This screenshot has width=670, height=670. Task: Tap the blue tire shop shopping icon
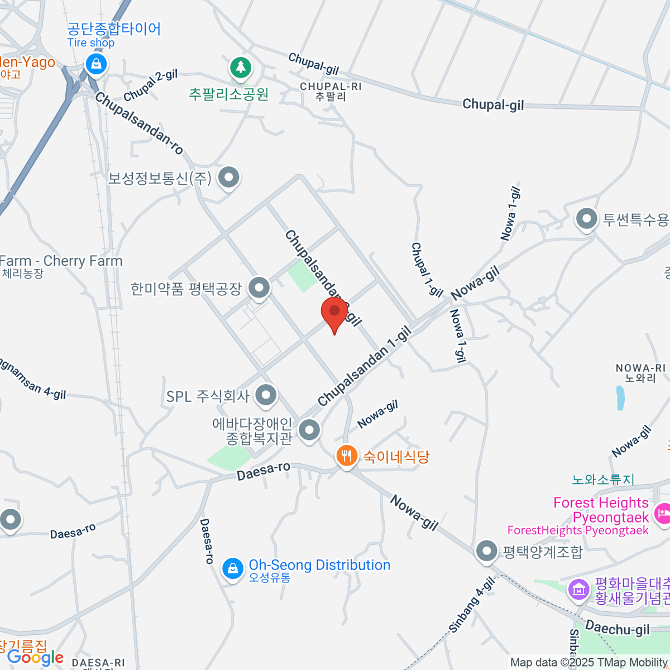pyautogui.click(x=97, y=64)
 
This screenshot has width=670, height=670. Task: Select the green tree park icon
pyautogui.click(x=241, y=68)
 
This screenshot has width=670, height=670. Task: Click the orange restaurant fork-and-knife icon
pyautogui.click(x=347, y=456)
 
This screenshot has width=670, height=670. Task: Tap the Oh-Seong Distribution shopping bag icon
pyautogui.click(x=233, y=569)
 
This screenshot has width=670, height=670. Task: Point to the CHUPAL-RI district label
pyautogui.click(x=331, y=91)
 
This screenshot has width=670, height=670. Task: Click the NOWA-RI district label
pyautogui.click(x=640, y=373)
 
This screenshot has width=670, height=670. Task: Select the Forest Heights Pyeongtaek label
pyautogui.click(x=601, y=510)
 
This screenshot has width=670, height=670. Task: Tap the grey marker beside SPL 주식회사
pyautogui.click(x=266, y=395)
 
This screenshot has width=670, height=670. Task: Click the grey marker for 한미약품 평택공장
pyautogui.click(x=259, y=288)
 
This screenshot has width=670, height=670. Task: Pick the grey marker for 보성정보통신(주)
pyautogui.click(x=228, y=178)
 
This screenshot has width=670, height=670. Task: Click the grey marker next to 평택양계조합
pyautogui.click(x=487, y=551)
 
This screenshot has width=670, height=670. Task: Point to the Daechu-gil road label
pyautogui.click(x=618, y=628)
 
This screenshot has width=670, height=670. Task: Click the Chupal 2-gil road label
pyautogui.click(x=151, y=85)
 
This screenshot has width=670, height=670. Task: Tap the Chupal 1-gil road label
pyautogui.click(x=427, y=269)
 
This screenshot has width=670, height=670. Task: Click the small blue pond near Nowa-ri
pyautogui.click(x=620, y=398)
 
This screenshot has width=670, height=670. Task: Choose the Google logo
pyautogui.click(x=35, y=658)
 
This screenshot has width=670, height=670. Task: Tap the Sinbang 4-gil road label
pyautogui.click(x=472, y=605)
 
